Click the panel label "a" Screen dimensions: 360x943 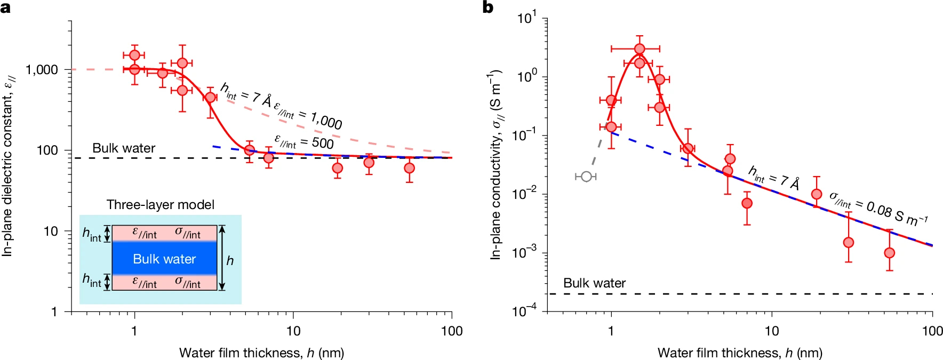point(6,7)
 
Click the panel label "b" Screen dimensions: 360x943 point(488,7)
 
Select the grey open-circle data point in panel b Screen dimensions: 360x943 point(586,177)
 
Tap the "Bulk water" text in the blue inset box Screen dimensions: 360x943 point(164,259)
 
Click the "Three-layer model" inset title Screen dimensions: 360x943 point(160,205)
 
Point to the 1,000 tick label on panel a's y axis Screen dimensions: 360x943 point(42,70)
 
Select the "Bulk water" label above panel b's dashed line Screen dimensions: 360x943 point(594,283)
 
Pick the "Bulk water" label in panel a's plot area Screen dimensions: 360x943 point(124,148)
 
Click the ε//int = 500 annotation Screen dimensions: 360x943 point(304,142)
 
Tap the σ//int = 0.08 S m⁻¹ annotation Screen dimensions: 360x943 point(878,209)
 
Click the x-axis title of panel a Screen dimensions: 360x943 point(261,353)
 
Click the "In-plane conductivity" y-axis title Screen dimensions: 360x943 point(496,165)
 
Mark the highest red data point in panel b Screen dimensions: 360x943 point(640,49)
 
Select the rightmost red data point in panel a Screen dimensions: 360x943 point(409,168)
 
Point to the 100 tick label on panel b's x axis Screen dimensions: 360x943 point(932,331)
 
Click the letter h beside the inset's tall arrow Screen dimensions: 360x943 point(230,261)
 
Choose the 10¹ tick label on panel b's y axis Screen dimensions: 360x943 point(528,19)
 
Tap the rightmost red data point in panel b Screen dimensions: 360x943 point(889,253)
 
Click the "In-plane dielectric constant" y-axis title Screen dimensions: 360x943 point(8,165)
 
